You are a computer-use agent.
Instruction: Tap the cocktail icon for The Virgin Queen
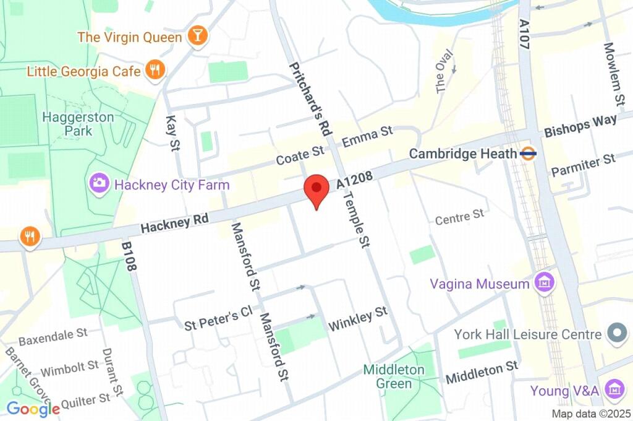click(x=198, y=37)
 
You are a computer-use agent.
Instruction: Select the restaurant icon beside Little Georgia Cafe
click(x=155, y=71)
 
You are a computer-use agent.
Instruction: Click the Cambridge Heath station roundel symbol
click(x=528, y=153)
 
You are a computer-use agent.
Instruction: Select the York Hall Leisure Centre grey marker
click(x=616, y=334)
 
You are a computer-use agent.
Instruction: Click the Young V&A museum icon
click(x=614, y=391)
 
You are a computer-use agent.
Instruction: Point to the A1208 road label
click(x=355, y=181)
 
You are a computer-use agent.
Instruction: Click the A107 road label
click(x=525, y=34)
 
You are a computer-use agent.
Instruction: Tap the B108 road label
click(x=128, y=256)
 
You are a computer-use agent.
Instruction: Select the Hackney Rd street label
click(x=174, y=223)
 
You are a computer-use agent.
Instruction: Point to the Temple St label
click(x=357, y=220)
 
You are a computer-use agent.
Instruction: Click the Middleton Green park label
click(x=394, y=376)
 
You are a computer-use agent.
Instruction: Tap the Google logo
click(x=33, y=408)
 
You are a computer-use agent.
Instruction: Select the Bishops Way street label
click(x=580, y=126)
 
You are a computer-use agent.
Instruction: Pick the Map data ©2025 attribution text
click(x=592, y=414)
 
